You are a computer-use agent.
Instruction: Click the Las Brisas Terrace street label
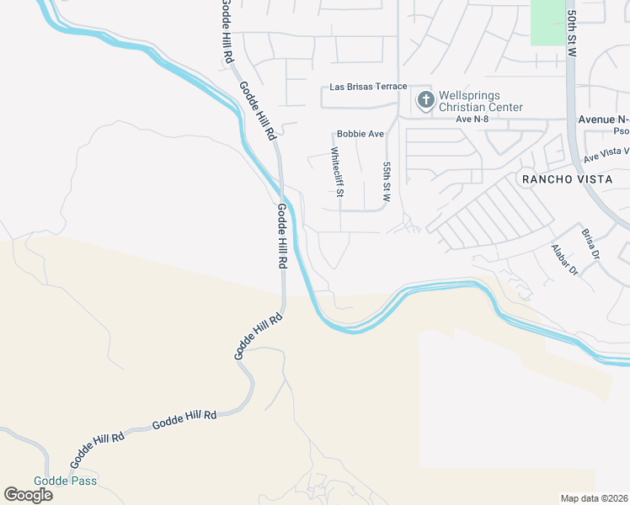pos(368,87)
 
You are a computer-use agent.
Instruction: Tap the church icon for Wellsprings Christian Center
pos(425,101)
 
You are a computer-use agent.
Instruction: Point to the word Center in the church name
pos(503,107)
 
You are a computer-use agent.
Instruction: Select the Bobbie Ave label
pos(360,134)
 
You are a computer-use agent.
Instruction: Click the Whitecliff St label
pos(336,172)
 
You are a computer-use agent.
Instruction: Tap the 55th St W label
pos(387,183)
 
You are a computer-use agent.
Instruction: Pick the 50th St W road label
pos(572,33)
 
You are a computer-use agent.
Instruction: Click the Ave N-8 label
pos(473,120)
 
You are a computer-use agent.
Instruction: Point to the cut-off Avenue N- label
pos(603,120)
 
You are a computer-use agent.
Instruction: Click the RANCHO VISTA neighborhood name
pos(562,179)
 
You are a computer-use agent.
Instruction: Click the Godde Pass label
pos(65,481)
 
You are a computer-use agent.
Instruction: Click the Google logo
pos(28,494)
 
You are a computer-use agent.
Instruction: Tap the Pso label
pos(621,131)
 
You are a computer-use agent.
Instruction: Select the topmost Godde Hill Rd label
pos(226,32)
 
